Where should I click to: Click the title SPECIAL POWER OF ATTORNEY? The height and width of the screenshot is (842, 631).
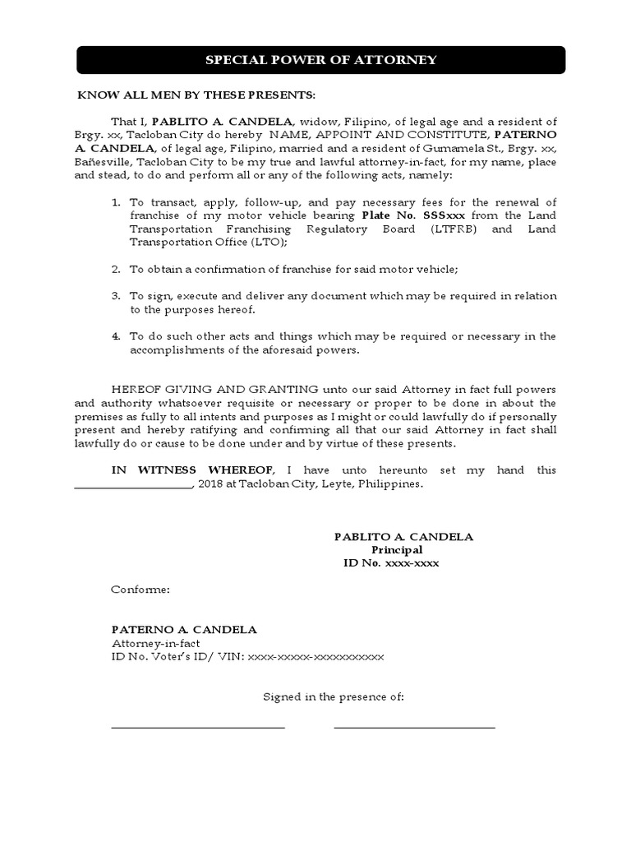[x=320, y=60]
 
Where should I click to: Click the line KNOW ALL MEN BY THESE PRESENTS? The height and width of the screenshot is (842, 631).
[x=196, y=95]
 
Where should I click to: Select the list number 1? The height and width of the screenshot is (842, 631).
[x=115, y=202]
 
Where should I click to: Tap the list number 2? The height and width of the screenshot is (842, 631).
[x=115, y=269]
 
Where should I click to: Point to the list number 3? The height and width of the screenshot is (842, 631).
[x=115, y=295]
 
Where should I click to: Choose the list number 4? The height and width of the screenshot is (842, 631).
[x=115, y=335]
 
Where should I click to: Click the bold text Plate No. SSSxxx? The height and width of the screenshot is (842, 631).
[x=402, y=215]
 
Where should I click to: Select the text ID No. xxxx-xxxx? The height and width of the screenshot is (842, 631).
[x=390, y=563]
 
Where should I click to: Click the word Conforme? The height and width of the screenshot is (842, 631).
[x=140, y=590]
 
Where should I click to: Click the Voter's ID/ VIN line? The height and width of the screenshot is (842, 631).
[x=247, y=657]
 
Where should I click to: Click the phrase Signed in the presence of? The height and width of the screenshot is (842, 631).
[x=333, y=696]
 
